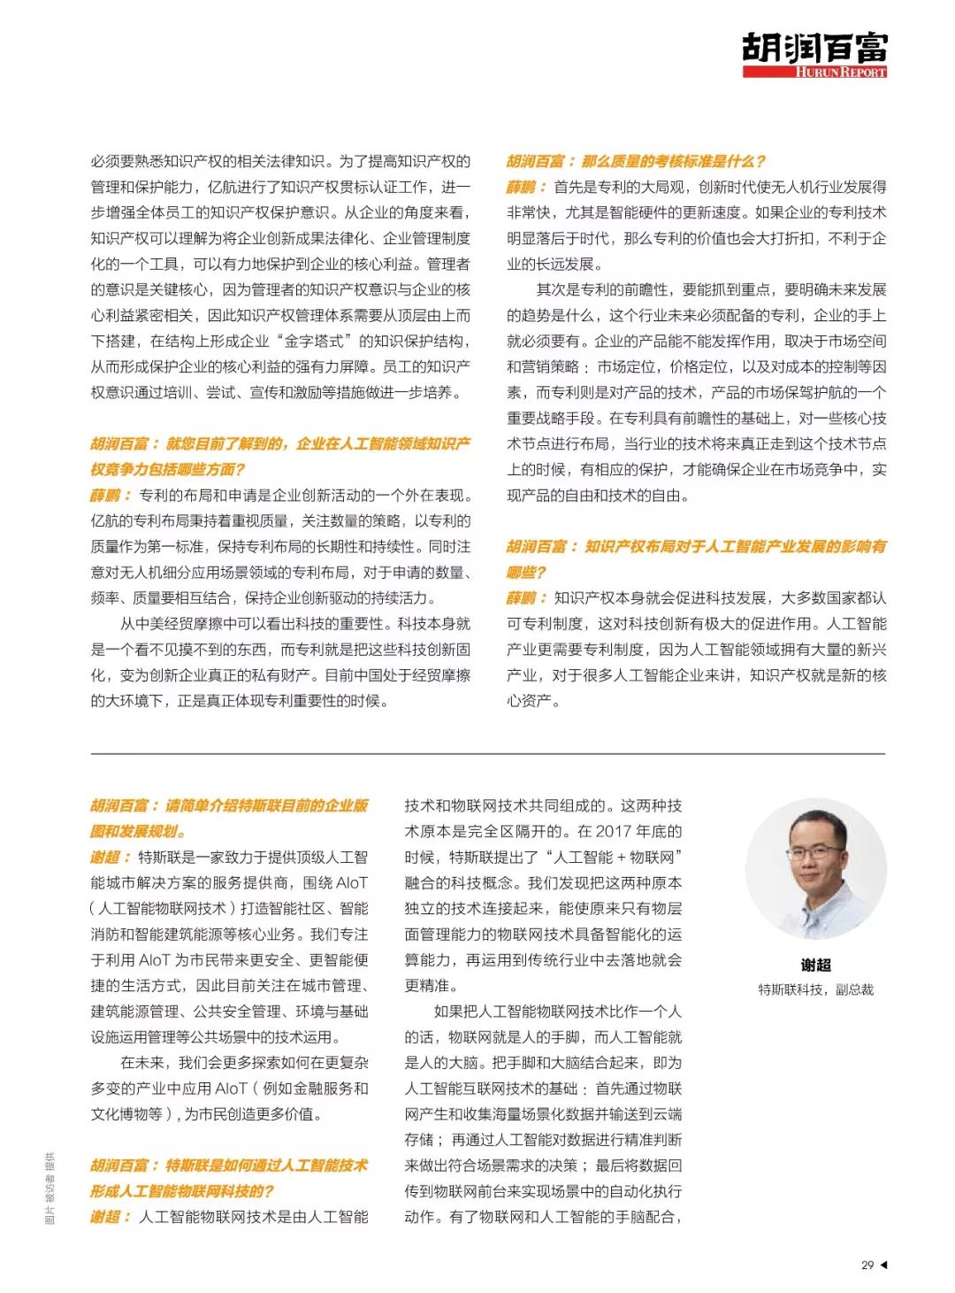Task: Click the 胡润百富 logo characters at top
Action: coord(814,48)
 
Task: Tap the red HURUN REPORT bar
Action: coord(814,72)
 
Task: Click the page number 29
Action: coord(867,1265)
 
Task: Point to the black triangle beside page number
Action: coord(883,1265)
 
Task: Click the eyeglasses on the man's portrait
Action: coord(814,852)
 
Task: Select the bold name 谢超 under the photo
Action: coord(815,965)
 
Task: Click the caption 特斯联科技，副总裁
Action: coord(815,989)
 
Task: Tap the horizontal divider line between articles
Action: coord(487,753)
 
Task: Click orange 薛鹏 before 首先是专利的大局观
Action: coord(522,187)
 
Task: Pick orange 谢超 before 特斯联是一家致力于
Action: coord(105,857)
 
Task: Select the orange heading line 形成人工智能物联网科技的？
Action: coord(182,1191)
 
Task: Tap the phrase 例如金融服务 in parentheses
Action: coord(307,1089)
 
